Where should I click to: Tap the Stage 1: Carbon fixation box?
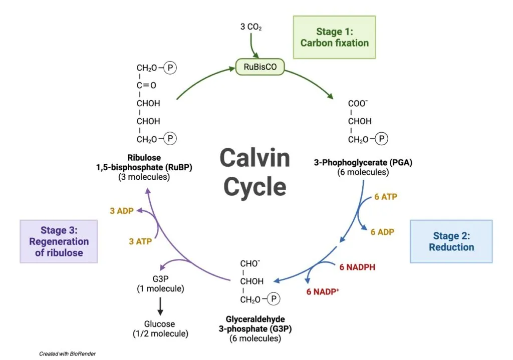click(334, 37)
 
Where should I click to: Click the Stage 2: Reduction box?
click(451, 241)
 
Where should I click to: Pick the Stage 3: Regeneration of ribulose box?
click(58, 241)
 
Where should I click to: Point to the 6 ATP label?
click(385, 197)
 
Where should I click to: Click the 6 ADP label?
click(382, 232)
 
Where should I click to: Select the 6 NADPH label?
click(357, 267)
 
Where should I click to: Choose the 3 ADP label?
click(122, 211)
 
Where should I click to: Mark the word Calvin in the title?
click(254, 158)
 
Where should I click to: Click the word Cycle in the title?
click(254, 186)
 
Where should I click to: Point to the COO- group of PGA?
click(358, 103)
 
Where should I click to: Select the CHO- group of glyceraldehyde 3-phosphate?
click(250, 263)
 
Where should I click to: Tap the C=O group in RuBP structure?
click(147, 85)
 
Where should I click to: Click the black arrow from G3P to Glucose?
click(160, 305)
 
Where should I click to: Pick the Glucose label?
click(160, 324)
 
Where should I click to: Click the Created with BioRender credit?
click(67, 353)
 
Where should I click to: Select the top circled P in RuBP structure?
click(171, 68)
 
